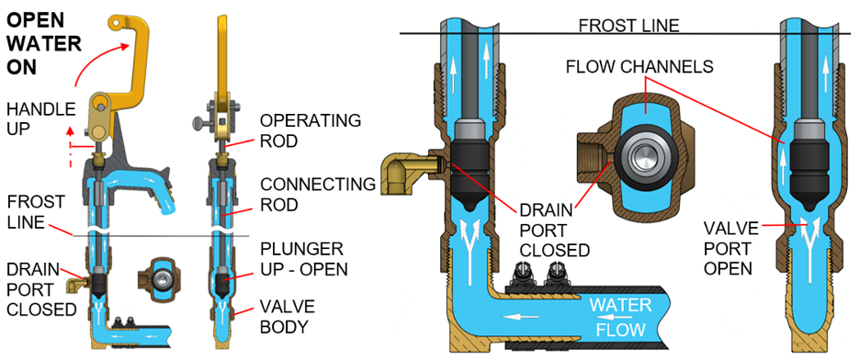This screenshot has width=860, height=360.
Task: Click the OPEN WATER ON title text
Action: click(x=42, y=42)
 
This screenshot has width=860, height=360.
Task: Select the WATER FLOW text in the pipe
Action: click(x=621, y=316)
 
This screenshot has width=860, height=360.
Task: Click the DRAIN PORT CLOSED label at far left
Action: click(x=40, y=288)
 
